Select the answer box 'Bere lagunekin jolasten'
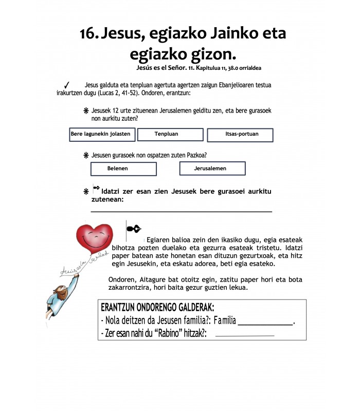pyautogui.click(x=102, y=135)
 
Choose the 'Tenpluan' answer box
pyautogui.click(x=166, y=135)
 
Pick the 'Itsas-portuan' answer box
pyautogui.click(x=240, y=135)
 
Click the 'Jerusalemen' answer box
pyautogui.click(x=212, y=169)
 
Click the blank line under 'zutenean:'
pyautogui.click(x=181, y=211)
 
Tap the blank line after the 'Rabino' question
pyautogui.click(x=244, y=336)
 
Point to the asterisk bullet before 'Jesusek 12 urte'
pyautogui.click(x=86, y=111)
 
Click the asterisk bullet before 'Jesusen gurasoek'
pyautogui.click(x=86, y=155)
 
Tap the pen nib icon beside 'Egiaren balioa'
pyautogui.click(x=133, y=229)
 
